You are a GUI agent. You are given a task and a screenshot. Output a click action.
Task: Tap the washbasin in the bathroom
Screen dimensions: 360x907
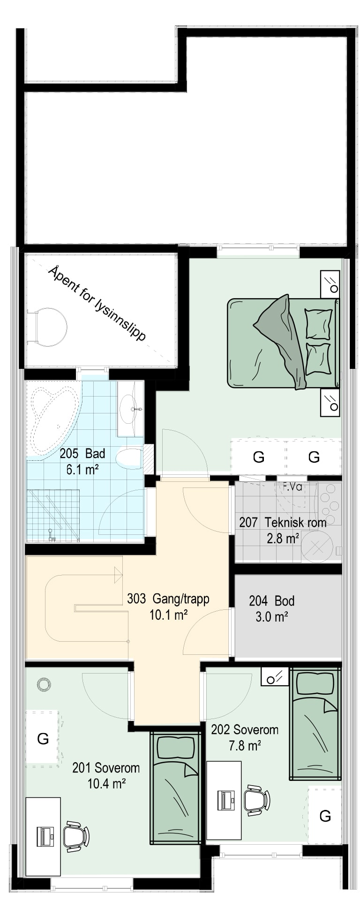[x=130, y=409]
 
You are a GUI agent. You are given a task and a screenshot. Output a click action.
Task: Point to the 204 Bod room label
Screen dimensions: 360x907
[x=272, y=600]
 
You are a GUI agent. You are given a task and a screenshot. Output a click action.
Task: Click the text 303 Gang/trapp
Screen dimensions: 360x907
[x=168, y=599]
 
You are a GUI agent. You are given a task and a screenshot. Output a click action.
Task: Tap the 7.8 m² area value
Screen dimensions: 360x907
[x=245, y=745]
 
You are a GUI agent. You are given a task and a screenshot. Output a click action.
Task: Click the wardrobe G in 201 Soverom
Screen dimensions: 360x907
[x=43, y=739]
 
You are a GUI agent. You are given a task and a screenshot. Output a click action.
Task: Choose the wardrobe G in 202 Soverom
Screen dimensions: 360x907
[x=325, y=816]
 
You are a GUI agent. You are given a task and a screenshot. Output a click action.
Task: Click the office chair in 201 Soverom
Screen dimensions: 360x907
[x=75, y=836]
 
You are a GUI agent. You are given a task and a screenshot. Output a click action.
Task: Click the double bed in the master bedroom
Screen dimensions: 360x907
[x=283, y=343]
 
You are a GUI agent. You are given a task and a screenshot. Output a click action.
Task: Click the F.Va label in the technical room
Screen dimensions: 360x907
[x=292, y=487]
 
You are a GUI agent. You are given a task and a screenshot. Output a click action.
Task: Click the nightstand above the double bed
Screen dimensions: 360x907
[x=330, y=284]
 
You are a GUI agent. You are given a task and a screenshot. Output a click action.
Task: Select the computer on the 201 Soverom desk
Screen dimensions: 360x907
[x=45, y=836]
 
